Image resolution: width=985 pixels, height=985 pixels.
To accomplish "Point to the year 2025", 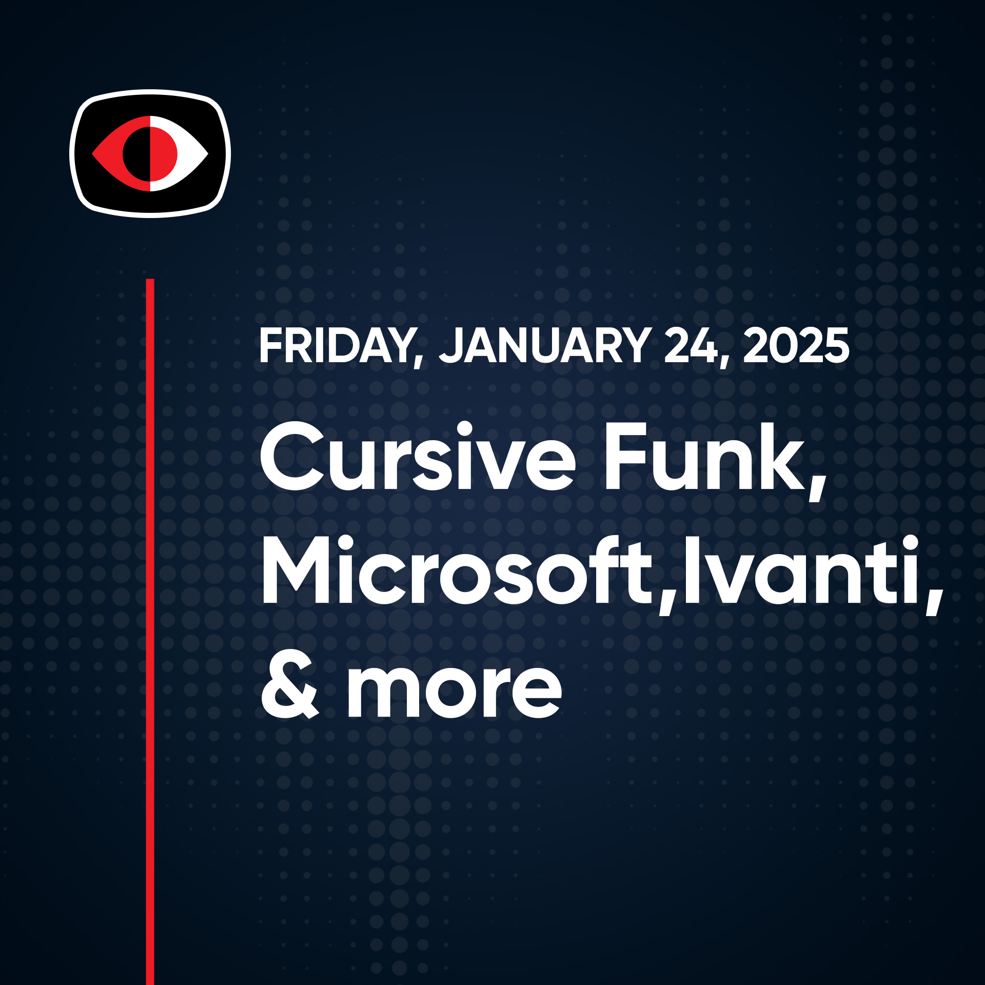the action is pos(796,346).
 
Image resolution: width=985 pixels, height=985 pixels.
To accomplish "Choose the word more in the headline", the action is pos(455,690).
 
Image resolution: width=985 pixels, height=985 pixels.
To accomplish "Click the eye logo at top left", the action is pos(150,153).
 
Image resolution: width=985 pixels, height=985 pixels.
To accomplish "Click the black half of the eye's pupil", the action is pos(136,153).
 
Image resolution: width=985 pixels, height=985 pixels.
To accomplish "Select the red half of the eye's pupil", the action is pos(164,153).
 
